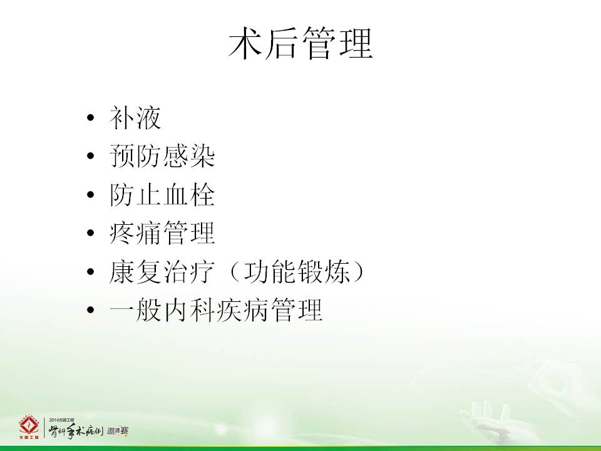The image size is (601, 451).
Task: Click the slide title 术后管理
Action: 300,43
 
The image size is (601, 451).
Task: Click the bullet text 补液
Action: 135,117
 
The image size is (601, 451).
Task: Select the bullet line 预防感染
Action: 162,156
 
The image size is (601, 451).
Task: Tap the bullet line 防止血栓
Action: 162,194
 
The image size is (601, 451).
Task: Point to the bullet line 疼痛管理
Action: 162,233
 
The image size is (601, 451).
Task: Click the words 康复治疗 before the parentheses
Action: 162,271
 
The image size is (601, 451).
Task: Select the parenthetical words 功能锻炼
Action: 297,271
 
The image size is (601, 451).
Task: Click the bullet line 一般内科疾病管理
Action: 215,310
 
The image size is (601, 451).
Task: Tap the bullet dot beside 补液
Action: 90,117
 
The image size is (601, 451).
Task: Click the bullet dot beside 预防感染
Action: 90,156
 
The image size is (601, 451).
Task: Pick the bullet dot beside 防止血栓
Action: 90,194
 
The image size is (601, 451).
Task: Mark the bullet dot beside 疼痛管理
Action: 90,233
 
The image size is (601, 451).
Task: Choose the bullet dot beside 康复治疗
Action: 90,271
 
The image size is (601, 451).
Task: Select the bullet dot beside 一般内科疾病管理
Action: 90,310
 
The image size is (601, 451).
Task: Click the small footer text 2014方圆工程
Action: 61,420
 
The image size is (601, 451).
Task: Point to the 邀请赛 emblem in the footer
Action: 118,431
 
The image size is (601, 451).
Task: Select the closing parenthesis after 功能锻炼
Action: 358,271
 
